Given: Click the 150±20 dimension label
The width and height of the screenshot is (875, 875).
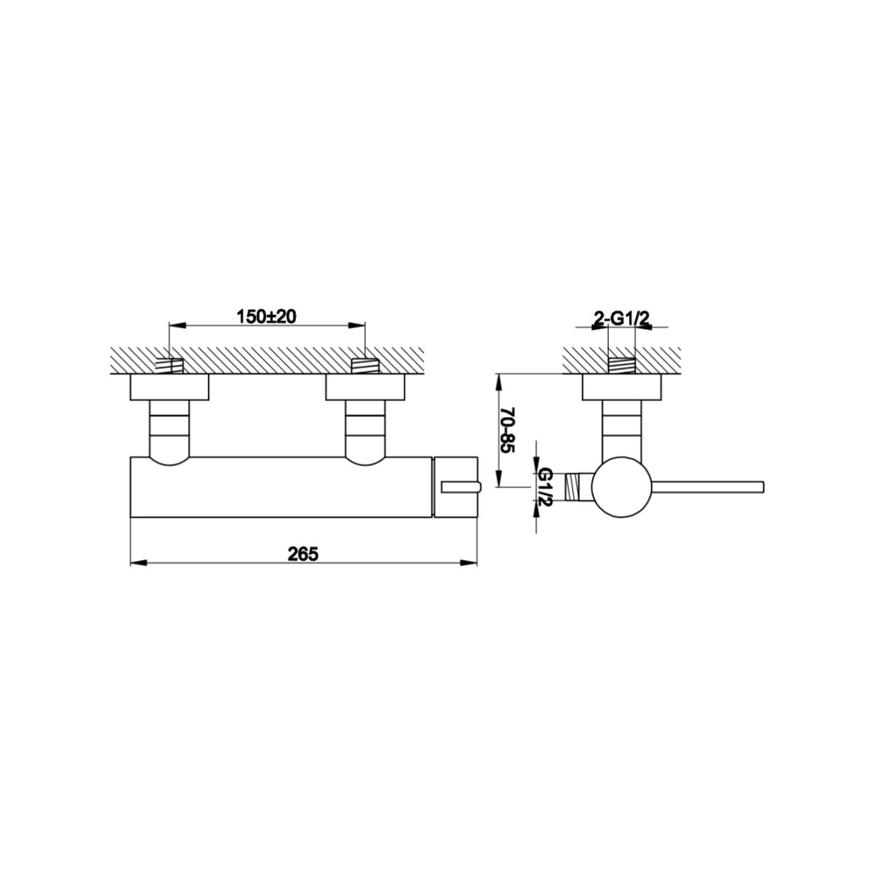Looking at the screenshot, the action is click(267, 316).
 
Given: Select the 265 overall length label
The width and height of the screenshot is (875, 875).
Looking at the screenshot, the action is click(303, 554).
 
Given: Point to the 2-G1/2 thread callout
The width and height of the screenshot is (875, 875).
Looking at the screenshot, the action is click(622, 320).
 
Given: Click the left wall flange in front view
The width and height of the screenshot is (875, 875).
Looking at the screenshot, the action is click(169, 387).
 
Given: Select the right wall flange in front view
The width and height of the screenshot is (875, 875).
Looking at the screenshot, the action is click(365, 387).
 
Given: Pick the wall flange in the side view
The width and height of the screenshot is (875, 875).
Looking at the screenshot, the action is click(622, 387).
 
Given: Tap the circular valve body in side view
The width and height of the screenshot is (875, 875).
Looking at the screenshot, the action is click(622, 487).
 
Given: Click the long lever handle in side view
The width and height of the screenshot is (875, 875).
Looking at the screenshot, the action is click(708, 487).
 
